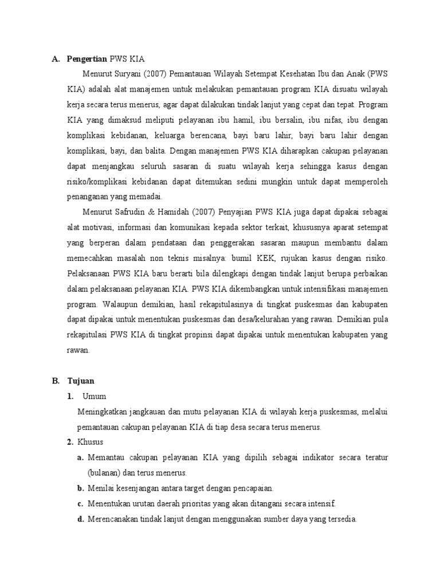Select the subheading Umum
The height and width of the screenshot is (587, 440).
[95, 397]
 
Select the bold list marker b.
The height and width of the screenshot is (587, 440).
[81, 488]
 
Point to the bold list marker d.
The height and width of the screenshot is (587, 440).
[81, 519]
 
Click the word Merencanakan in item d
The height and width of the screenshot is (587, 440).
[113, 519]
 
